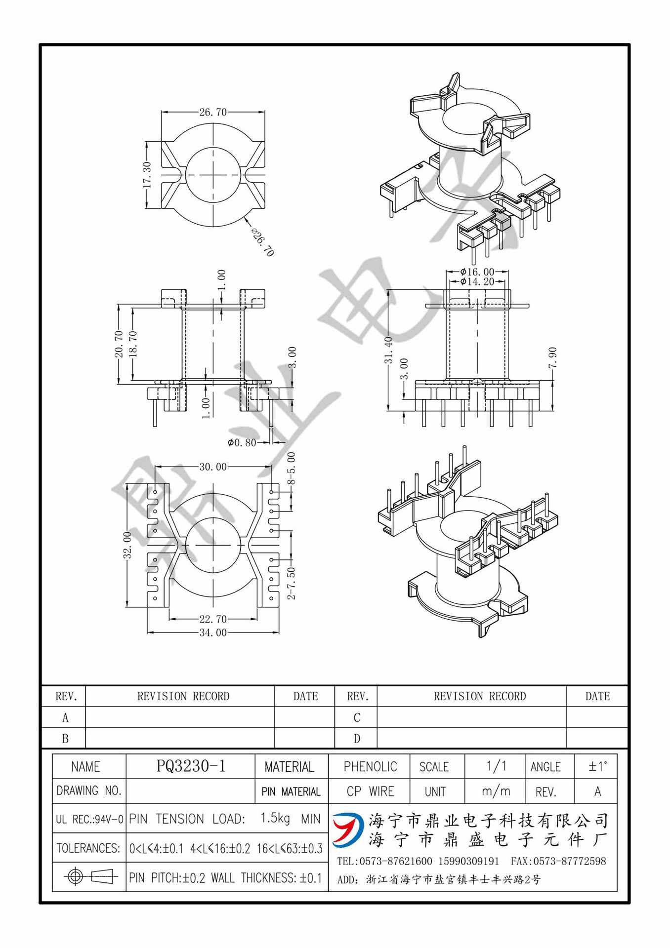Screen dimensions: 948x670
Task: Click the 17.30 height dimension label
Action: pyautogui.click(x=147, y=175)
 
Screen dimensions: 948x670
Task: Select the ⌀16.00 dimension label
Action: pyautogui.click(x=477, y=272)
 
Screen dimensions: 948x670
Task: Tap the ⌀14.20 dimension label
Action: pyautogui.click(x=477, y=281)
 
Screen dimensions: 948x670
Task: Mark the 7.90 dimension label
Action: pyautogui.click(x=552, y=357)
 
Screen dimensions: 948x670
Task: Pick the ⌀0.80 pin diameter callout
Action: pyautogui.click(x=242, y=442)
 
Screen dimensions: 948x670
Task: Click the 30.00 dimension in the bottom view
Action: pyautogui.click(x=213, y=467)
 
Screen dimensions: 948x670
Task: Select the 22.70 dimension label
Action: pyautogui.click(x=213, y=619)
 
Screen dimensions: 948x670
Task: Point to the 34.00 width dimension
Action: pyautogui.click(x=213, y=632)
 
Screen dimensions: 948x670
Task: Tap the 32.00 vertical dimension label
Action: pyautogui.click(x=127, y=545)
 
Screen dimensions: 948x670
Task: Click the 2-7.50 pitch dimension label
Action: pyautogui.click(x=292, y=583)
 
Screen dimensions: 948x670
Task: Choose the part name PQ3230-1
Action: pyautogui.click(x=191, y=766)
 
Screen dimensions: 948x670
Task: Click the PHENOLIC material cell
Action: pyautogui.click(x=370, y=766)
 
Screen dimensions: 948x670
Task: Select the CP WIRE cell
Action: pyautogui.click(x=370, y=791)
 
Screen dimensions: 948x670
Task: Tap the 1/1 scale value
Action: pyautogui.click(x=496, y=766)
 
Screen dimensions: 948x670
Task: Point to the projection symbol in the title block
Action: pyautogui.click(x=89, y=877)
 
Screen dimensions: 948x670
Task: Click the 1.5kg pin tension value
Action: pyautogui.click(x=275, y=818)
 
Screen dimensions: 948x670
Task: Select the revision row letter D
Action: pyautogui.click(x=357, y=739)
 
